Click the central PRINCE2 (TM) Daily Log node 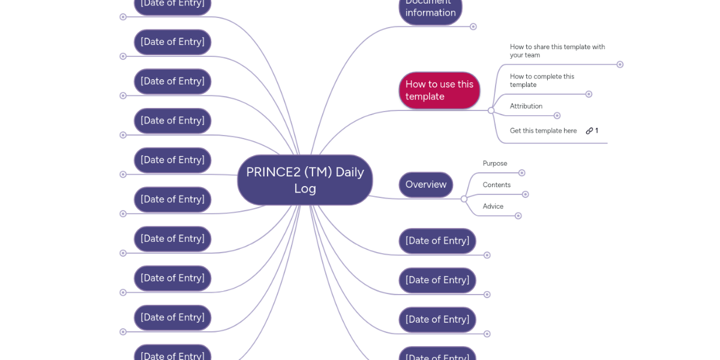305,180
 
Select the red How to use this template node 439,91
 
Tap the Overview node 425,185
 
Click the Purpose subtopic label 495,163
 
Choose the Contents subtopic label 497,185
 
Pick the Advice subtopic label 493,206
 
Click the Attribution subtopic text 526,106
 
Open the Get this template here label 543,131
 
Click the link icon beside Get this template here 590,131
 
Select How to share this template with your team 557,51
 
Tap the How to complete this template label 542,80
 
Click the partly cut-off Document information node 430,9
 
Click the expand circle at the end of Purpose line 522,173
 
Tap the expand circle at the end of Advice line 518,216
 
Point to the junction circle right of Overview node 464,199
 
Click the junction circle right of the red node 491,110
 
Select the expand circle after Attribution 557,116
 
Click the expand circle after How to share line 620,64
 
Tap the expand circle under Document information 473,26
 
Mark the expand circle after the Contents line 526,194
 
